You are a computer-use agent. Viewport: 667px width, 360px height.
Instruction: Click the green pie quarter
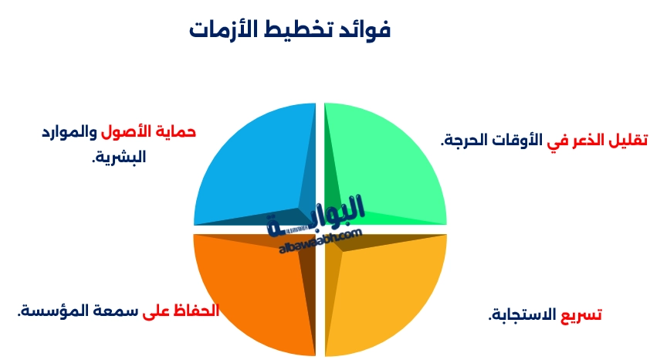coord(386,162)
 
